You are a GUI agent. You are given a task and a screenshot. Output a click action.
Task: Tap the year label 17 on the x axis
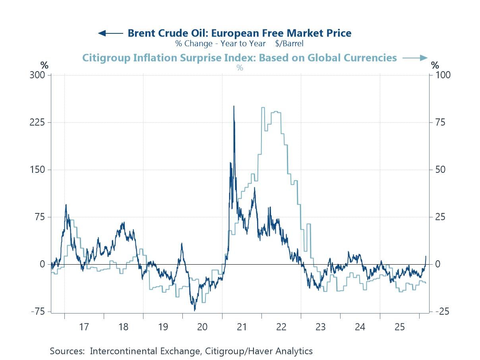83,327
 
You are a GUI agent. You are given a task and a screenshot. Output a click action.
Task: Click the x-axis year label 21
242,327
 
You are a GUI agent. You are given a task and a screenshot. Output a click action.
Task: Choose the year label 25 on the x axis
399,327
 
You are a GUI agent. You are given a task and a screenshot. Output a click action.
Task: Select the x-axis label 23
321,327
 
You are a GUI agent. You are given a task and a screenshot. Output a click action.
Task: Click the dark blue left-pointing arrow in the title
110,33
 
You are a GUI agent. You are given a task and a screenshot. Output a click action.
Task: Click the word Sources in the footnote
67,351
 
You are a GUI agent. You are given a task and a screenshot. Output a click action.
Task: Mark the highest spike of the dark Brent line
234,106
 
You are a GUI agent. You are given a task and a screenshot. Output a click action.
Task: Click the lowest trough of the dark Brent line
195,311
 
